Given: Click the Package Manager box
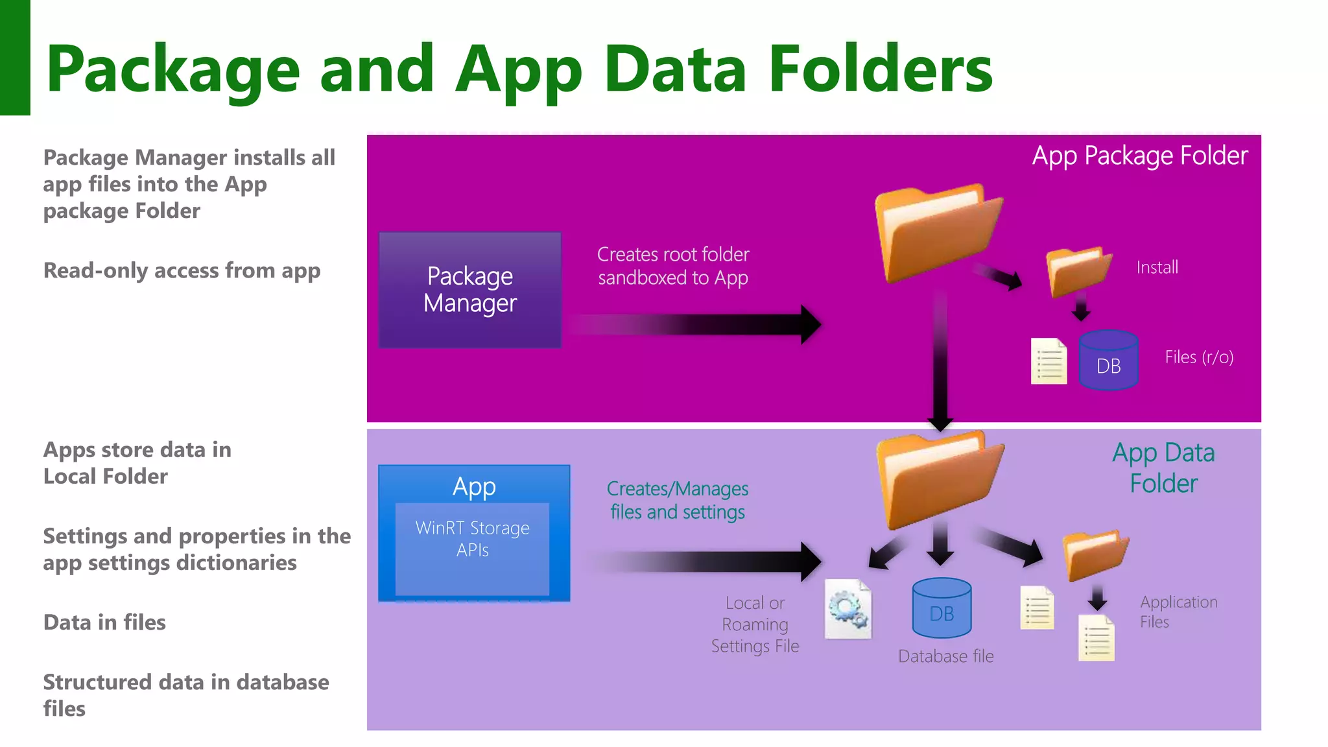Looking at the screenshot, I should click(x=470, y=290).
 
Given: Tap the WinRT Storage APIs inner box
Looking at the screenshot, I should click(x=472, y=548).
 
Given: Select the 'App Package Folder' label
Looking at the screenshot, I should click(x=1139, y=156).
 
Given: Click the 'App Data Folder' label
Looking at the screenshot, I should click(x=1163, y=468).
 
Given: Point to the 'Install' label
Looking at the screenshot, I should click(x=1157, y=267).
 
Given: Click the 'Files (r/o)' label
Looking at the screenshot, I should click(x=1198, y=357).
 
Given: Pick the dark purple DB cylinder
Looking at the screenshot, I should click(x=1108, y=361).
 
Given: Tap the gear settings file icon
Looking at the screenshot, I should click(x=848, y=610).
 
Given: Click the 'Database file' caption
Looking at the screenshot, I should click(x=945, y=656).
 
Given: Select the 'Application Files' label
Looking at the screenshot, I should click(x=1178, y=611).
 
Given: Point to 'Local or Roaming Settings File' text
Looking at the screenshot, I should click(x=755, y=624).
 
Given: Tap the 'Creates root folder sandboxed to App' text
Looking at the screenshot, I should click(x=673, y=266).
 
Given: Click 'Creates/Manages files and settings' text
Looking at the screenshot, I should click(x=678, y=500).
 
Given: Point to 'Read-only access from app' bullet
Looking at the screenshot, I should click(x=182, y=270).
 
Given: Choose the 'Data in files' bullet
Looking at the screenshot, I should click(x=104, y=622).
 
